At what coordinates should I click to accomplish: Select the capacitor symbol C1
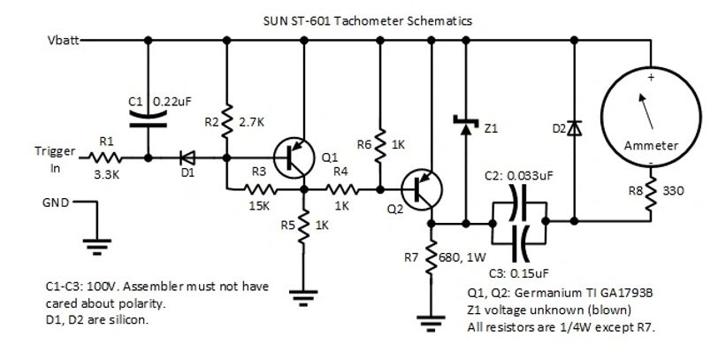coord(148,118)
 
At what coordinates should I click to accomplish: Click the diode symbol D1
coord(187,158)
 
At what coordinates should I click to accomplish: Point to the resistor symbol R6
coord(381,142)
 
